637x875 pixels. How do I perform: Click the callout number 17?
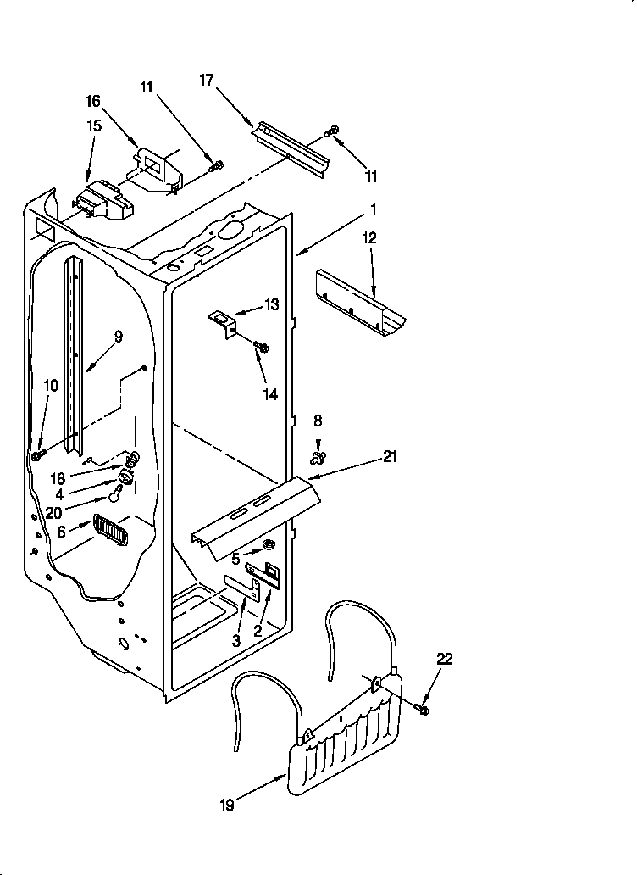(207, 81)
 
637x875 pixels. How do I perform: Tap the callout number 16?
(92, 101)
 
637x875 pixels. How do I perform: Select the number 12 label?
(368, 238)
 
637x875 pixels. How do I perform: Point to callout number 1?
(373, 208)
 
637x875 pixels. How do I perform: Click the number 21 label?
(390, 457)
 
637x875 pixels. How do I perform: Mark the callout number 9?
(118, 337)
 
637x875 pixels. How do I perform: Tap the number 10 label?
(51, 385)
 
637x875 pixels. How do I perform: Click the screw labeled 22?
(424, 706)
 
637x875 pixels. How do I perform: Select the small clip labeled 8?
(318, 457)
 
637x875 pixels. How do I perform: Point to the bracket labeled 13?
(224, 322)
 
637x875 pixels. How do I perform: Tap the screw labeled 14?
(262, 347)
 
